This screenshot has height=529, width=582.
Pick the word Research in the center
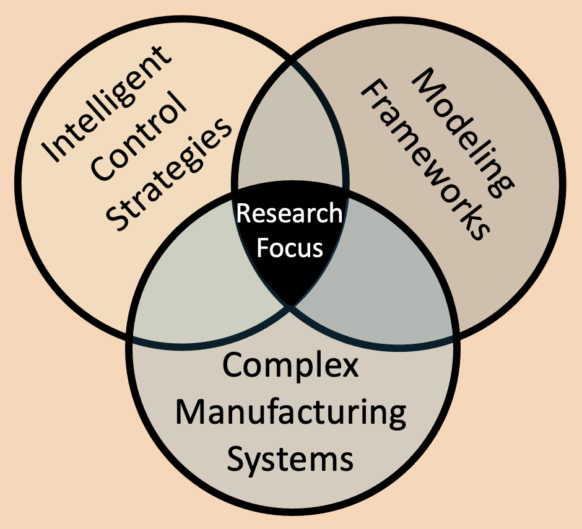289,214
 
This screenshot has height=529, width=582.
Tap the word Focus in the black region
290,247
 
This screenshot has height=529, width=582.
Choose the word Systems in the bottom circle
290,460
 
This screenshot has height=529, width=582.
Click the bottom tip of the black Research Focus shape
290,304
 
